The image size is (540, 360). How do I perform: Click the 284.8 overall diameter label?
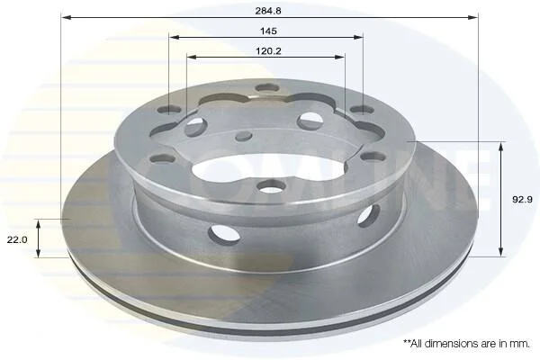coord(268,11)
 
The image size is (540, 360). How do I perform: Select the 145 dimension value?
coord(268,31)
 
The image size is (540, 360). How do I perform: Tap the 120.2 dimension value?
coord(268,51)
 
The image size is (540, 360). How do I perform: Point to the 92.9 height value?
coord(522,199)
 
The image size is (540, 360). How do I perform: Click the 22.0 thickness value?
coord(17,239)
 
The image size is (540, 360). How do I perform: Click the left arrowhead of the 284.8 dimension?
coord(66,17)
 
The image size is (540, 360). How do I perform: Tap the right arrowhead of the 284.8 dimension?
coord(473,17)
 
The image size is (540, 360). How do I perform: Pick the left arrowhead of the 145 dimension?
coord(175,37)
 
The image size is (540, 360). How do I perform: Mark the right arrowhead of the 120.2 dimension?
coord(339,58)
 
